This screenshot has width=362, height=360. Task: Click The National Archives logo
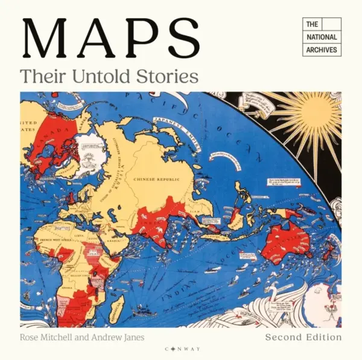pyautogui.click(x=322, y=37)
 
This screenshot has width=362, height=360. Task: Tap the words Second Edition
pyautogui.click(x=303, y=337)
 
